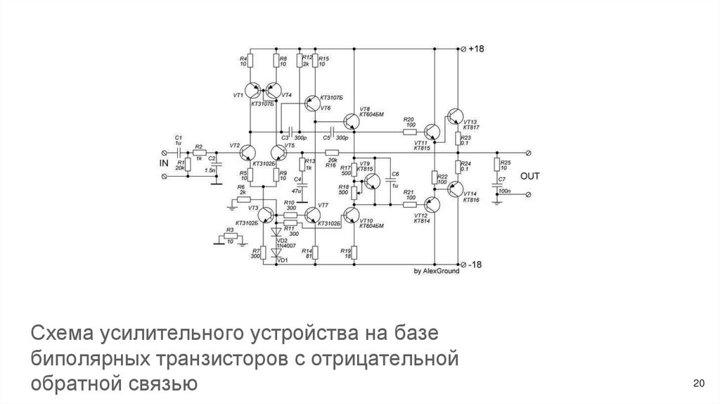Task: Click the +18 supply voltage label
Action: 477,49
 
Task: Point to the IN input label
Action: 165,163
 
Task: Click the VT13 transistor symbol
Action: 455,118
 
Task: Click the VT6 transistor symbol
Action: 311,103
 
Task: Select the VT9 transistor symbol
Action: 371,182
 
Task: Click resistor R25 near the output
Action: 496,166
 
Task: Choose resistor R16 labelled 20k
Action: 331,152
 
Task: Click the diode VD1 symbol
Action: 276,251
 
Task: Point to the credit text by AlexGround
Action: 436,271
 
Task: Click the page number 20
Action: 698,383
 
